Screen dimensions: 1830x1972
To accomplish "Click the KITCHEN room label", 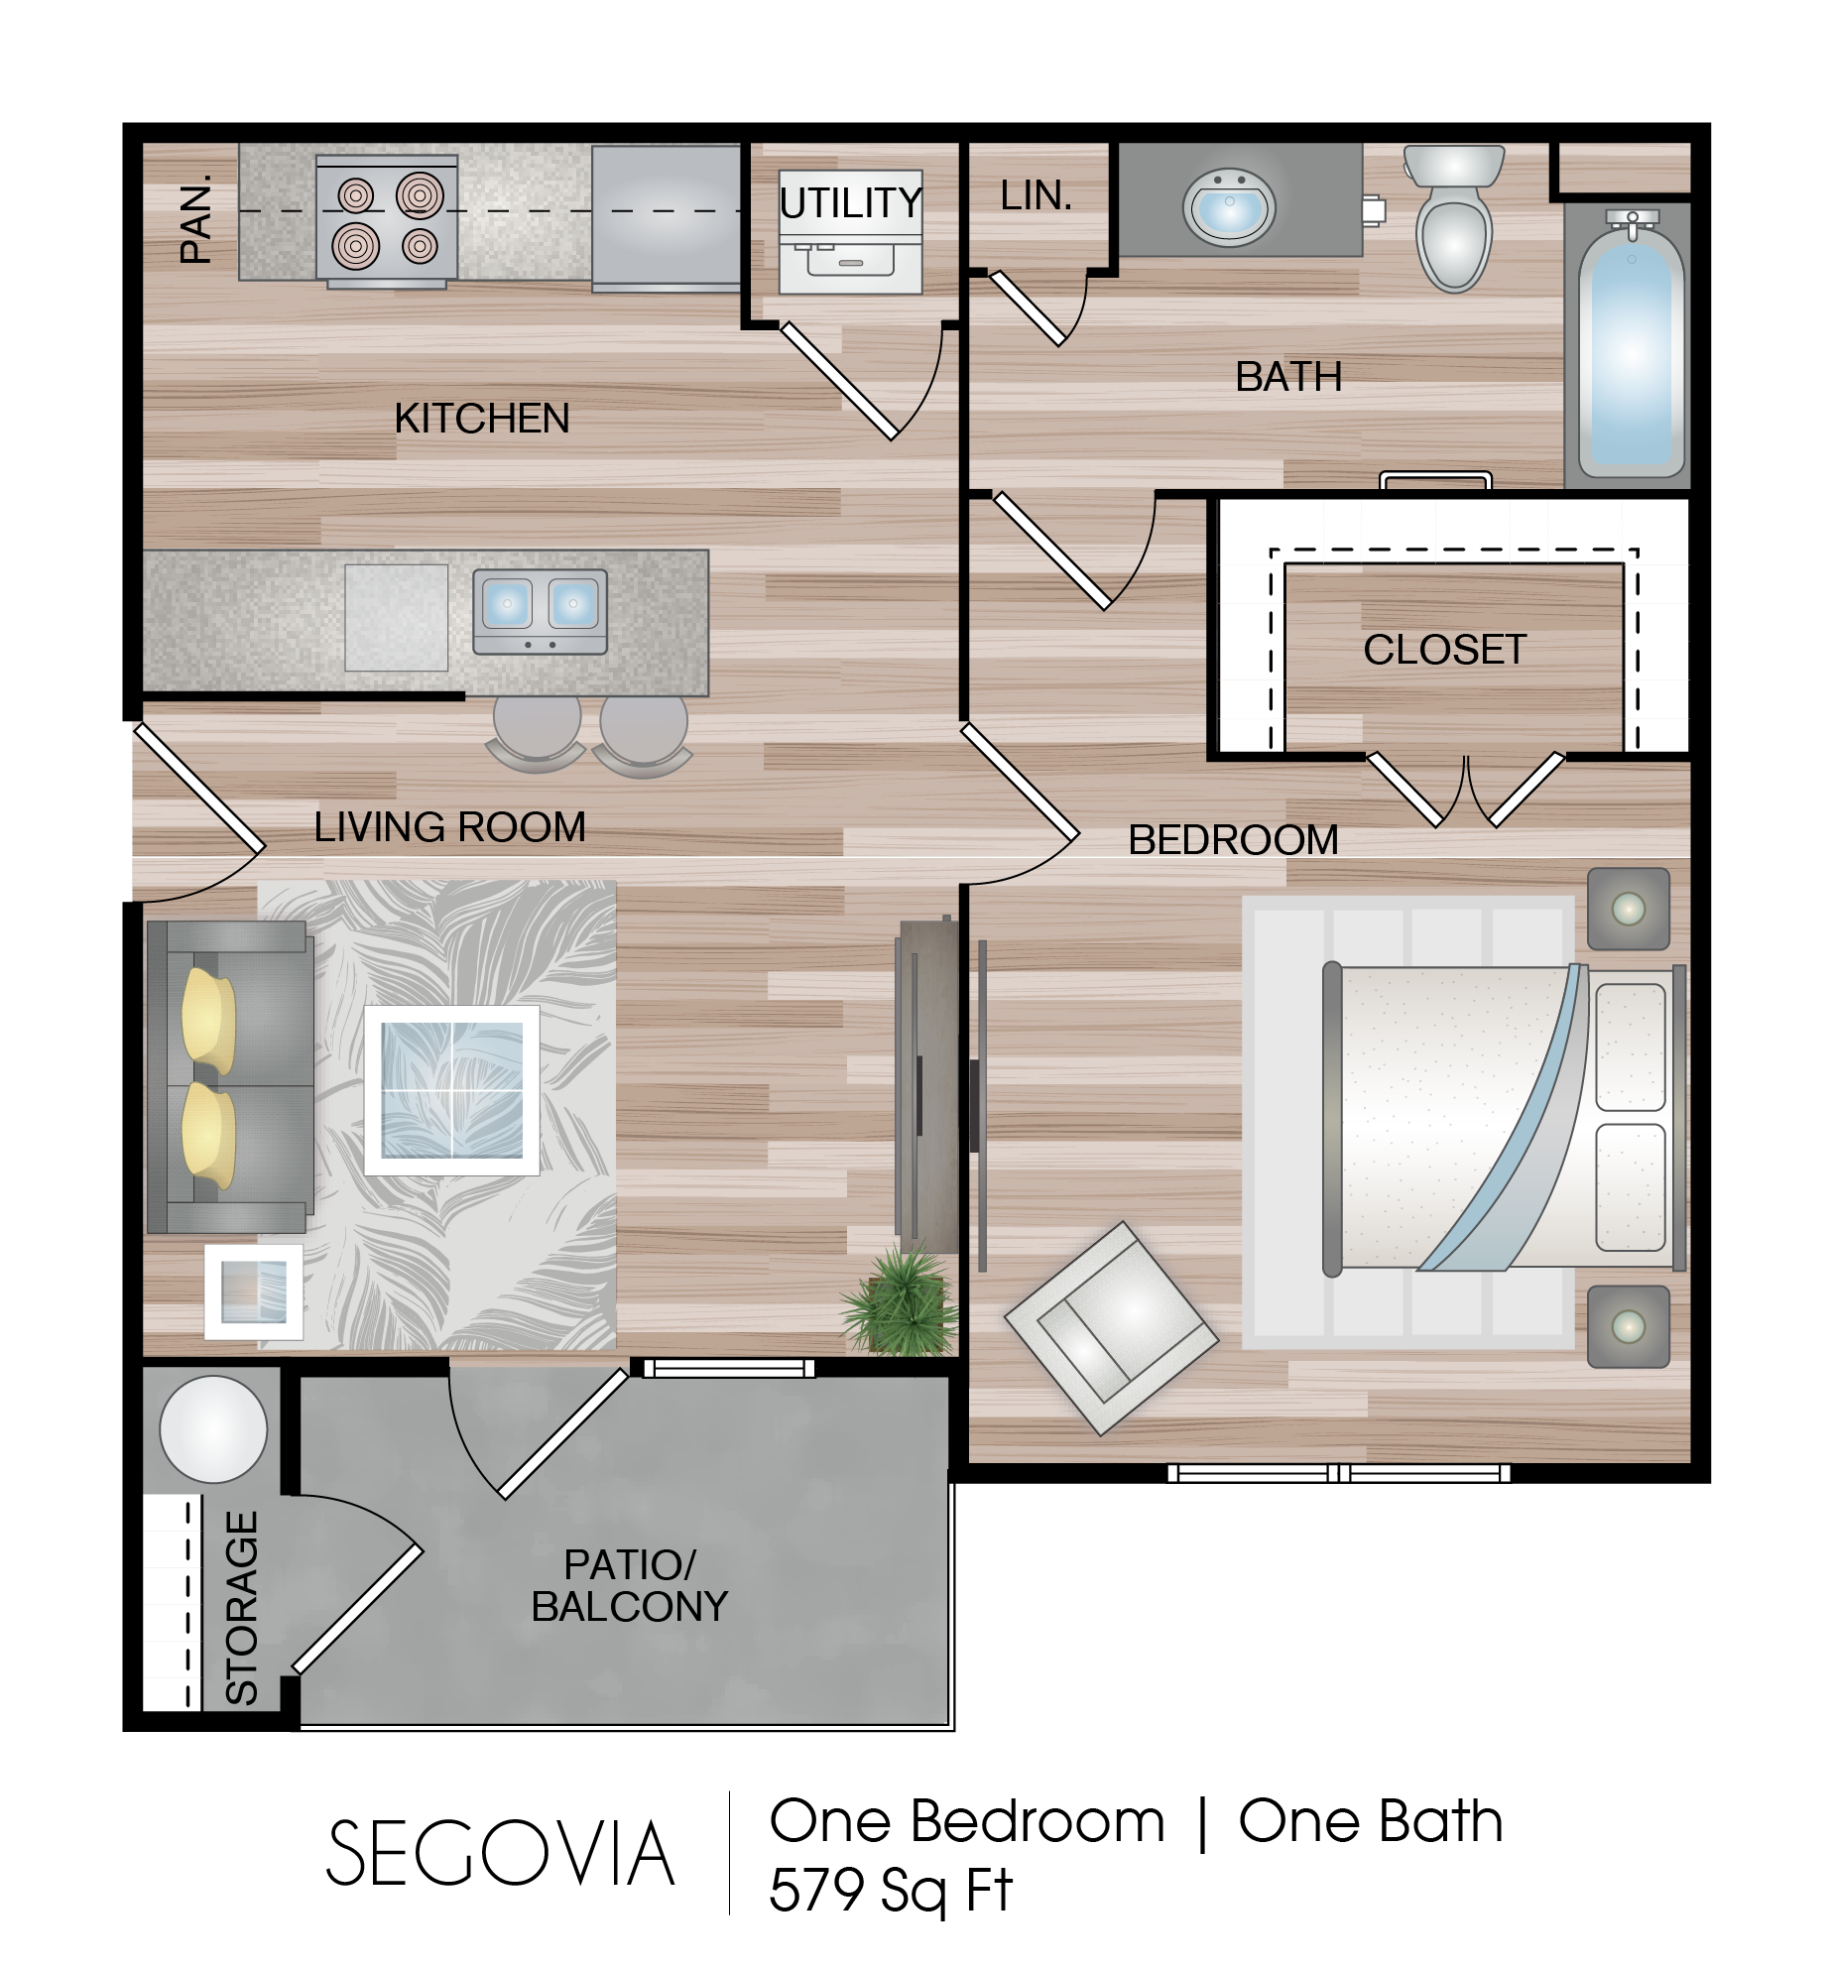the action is click(482, 419).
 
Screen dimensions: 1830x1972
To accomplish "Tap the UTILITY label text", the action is click(851, 203).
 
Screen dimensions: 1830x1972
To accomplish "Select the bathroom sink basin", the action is click(1230, 206).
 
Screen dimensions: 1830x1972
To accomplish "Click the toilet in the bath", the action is click(1454, 217).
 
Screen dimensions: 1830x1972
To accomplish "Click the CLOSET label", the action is click(1445, 650).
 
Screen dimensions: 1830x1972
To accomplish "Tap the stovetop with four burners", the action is click(387, 220).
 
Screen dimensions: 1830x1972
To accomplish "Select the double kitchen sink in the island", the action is click(541, 611).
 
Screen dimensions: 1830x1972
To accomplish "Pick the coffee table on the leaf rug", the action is click(452, 1090).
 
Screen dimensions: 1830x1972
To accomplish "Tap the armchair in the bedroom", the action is click(1111, 1327).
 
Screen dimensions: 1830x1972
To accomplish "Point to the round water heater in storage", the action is click(213, 1429).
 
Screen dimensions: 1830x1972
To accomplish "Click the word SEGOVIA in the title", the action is click(501, 1854).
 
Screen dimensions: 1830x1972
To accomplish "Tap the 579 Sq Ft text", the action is click(891, 1891).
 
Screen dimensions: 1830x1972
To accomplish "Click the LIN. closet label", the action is click(1037, 196).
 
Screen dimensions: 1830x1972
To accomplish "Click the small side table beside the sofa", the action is click(254, 1293).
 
